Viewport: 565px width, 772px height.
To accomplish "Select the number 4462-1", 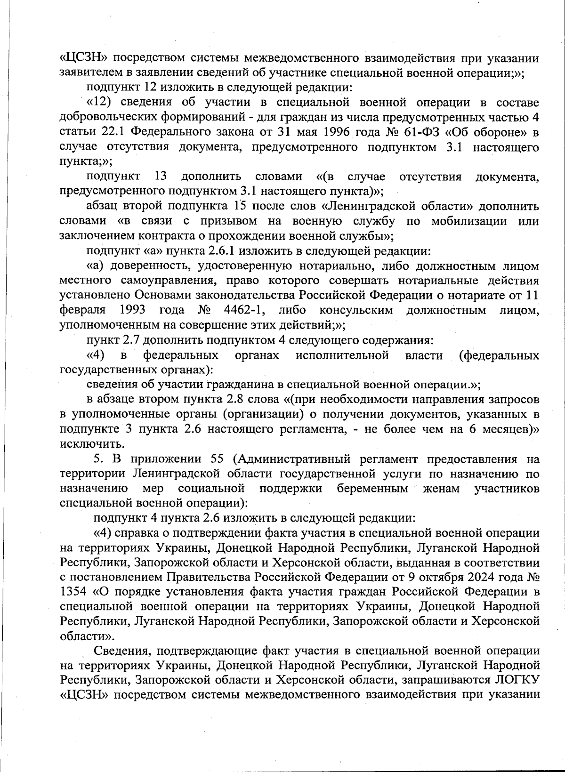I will tap(239, 310).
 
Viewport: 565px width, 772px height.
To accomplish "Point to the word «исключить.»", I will tap(86, 443).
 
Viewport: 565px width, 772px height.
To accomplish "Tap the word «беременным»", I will tap(372, 488).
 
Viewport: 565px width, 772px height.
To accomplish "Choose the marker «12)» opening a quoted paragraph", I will tap(100, 103).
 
